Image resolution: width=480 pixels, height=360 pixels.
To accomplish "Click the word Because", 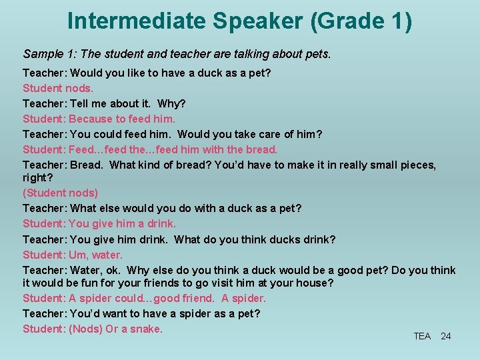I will (x=91, y=119).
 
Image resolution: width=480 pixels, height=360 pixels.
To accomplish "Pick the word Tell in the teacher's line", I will (x=79, y=103).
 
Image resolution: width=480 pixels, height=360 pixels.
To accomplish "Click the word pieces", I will (x=416, y=164).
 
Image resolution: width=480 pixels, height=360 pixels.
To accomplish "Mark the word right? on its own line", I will (x=37, y=178).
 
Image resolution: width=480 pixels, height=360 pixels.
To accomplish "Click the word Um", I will (x=77, y=255).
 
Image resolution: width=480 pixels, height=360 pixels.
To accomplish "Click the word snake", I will (x=146, y=329).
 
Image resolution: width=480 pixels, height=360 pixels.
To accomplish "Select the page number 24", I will (x=446, y=336).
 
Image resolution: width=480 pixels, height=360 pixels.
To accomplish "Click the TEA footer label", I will (x=422, y=336).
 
